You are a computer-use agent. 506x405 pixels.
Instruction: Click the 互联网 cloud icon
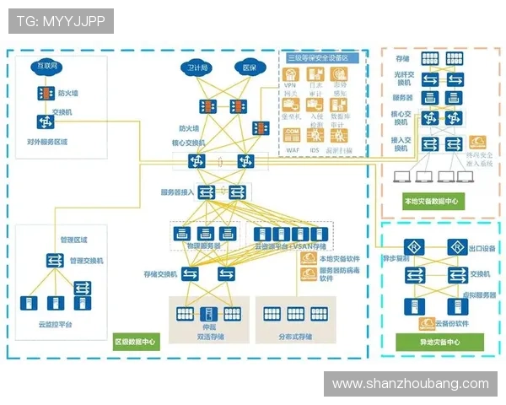(x=46, y=66)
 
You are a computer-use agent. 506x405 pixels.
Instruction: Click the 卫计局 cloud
(x=198, y=67)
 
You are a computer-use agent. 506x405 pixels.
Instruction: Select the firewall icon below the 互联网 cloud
(x=45, y=94)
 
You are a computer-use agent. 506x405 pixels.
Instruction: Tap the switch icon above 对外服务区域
(x=45, y=121)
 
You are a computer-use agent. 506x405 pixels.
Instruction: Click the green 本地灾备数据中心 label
(x=431, y=202)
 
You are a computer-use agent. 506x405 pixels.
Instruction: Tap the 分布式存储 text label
(x=294, y=337)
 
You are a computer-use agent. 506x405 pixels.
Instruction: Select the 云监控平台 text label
(x=56, y=323)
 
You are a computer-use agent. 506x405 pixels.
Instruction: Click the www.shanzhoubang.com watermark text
(x=411, y=383)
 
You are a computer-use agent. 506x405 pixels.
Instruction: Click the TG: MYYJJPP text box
(x=61, y=21)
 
